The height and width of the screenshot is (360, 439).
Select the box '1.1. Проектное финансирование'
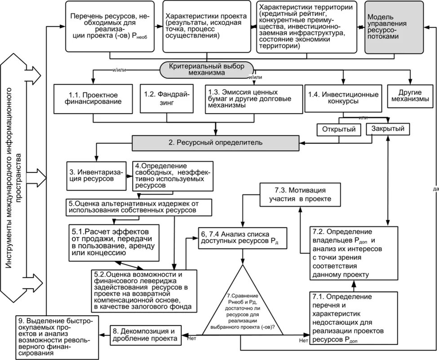pyautogui.click(x=93, y=98)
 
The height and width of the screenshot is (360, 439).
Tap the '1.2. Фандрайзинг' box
pyautogui.click(x=167, y=98)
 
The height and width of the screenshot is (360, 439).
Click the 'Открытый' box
pyautogui.click(x=339, y=130)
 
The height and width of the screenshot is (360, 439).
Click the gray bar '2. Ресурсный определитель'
pyautogui.click(x=215, y=143)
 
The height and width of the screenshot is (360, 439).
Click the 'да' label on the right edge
pyautogui.click(x=435, y=189)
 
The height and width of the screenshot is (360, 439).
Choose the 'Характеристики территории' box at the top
pyautogui.click(x=309, y=27)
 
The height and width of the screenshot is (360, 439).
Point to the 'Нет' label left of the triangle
pyautogui.click(x=193, y=338)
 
